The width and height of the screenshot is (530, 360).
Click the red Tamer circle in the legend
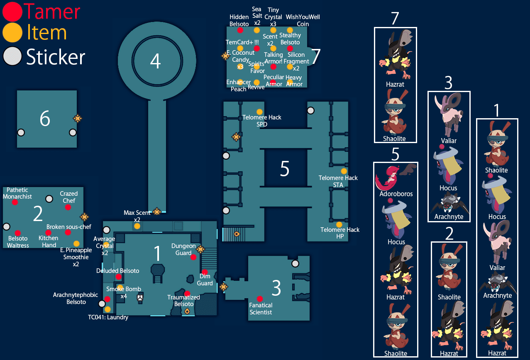click(x=12, y=12)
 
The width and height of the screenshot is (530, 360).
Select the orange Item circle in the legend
click(x=12, y=32)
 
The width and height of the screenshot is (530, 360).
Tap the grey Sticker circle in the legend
click(x=12, y=57)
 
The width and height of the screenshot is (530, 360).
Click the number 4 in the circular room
click(x=155, y=61)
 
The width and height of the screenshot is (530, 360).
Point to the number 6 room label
click(x=45, y=119)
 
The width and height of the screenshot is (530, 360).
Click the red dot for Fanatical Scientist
click(x=260, y=299)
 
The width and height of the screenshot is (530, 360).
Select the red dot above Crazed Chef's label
click(x=68, y=207)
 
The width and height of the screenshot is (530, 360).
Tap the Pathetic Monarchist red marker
click(x=15, y=202)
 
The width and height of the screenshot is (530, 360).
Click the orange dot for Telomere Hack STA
click(x=344, y=171)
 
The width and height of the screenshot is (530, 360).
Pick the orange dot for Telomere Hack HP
click(x=339, y=224)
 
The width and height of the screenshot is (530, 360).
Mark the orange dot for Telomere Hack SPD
click(x=259, y=112)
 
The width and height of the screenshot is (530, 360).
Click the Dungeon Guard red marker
click(x=193, y=257)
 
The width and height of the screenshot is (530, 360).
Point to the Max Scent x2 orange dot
click(x=137, y=226)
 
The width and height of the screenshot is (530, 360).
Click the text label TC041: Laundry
click(x=108, y=317)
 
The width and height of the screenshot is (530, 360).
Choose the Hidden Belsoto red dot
click(x=240, y=30)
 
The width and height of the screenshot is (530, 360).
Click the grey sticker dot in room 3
click(x=295, y=263)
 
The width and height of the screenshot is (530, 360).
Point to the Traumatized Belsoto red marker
click(x=187, y=293)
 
